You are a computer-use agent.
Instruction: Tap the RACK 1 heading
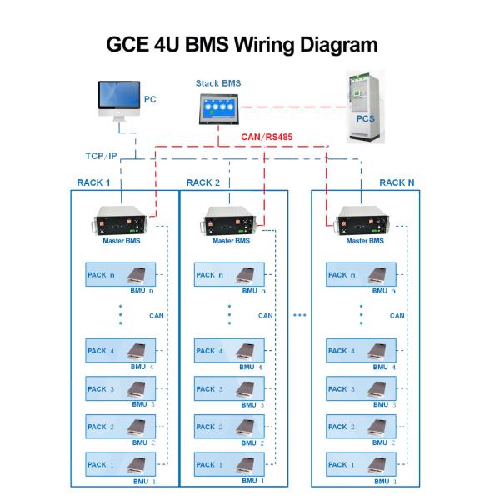click(x=93, y=182)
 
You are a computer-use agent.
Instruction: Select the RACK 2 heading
click(x=203, y=182)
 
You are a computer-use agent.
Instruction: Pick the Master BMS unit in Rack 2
click(x=231, y=223)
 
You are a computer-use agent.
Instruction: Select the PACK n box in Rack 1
click(x=122, y=274)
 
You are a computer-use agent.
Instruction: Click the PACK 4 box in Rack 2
click(x=229, y=351)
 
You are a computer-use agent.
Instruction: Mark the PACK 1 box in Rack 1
click(x=122, y=464)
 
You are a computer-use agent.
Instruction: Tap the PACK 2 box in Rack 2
click(x=229, y=427)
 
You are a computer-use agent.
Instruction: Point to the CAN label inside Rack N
click(x=397, y=316)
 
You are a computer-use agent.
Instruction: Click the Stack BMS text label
click(x=218, y=83)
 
